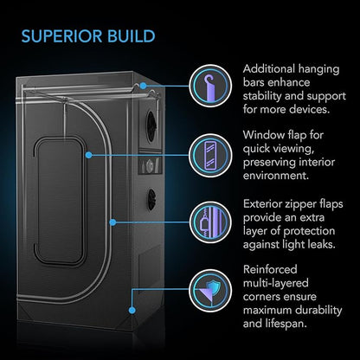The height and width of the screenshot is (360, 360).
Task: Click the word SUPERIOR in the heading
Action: coord(61,36)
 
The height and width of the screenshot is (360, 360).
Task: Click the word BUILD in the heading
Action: coord(132,36)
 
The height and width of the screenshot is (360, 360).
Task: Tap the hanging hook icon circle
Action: coord(210,86)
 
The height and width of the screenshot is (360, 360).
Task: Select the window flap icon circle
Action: coord(210,155)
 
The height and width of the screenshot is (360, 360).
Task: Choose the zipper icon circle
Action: coord(210,222)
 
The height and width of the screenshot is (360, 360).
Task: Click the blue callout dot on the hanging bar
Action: coord(143,86)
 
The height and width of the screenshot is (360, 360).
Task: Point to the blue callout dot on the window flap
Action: coord(89,155)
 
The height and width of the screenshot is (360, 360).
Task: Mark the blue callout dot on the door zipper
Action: coord(113,222)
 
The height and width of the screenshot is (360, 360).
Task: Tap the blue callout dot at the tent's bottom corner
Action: coord(132,311)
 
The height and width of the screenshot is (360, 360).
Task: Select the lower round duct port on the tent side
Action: coord(151,199)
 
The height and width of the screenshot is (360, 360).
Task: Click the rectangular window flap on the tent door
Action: coord(61,201)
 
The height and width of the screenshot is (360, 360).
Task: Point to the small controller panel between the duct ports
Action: coord(150,165)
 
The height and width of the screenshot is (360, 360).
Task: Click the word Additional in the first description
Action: coord(265,69)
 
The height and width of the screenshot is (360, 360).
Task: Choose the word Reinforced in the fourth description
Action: coord(270,269)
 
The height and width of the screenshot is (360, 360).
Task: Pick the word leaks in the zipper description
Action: coord(320,245)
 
